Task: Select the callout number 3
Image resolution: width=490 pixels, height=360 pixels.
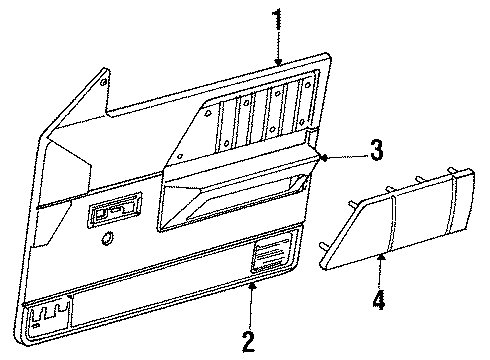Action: pyautogui.click(x=375, y=151)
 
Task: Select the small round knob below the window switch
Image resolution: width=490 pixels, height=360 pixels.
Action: pyautogui.click(x=107, y=238)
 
